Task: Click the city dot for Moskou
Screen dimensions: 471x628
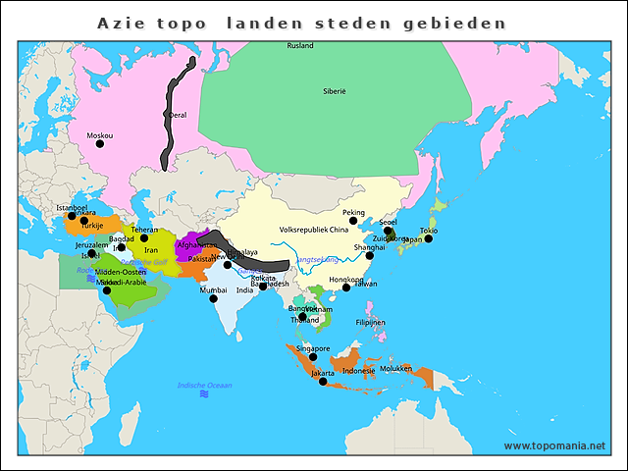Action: pos(99,144)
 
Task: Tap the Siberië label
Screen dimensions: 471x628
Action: pos(335,91)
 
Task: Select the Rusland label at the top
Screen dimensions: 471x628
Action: pos(300,46)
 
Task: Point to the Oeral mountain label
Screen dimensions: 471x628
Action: pos(178,115)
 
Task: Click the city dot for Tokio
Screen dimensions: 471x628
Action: pos(428,238)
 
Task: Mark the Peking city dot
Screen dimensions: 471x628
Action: pos(353,221)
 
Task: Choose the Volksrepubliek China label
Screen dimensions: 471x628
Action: pos(314,230)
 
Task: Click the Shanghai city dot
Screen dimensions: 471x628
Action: pos(370,255)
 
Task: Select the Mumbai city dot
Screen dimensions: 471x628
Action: pos(214,298)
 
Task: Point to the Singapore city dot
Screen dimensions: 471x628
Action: pos(313,356)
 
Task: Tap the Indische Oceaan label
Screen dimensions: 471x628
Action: pos(204,386)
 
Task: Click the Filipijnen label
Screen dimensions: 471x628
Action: pos(370,322)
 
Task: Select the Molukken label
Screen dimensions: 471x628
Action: pos(395,368)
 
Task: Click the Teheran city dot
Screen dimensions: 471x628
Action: pos(144,237)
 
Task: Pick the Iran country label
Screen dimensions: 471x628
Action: pos(150,250)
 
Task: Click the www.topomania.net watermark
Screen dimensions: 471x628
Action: pos(554,445)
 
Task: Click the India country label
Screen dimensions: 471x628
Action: pos(244,290)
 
